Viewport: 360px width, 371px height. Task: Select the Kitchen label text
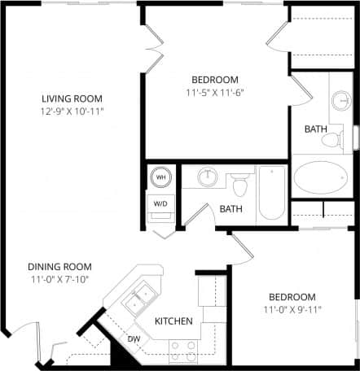(173, 321)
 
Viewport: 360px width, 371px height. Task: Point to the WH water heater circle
(160, 177)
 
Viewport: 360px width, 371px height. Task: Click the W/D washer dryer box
(160, 203)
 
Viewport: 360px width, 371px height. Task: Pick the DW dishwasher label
(134, 338)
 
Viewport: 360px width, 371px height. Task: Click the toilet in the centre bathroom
(239, 185)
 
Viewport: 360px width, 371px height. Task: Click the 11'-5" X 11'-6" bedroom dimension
(215, 92)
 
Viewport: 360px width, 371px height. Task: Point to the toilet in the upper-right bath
(332, 138)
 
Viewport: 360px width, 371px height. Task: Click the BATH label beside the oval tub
(315, 129)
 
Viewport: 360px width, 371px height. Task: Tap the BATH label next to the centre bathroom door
(230, 209)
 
